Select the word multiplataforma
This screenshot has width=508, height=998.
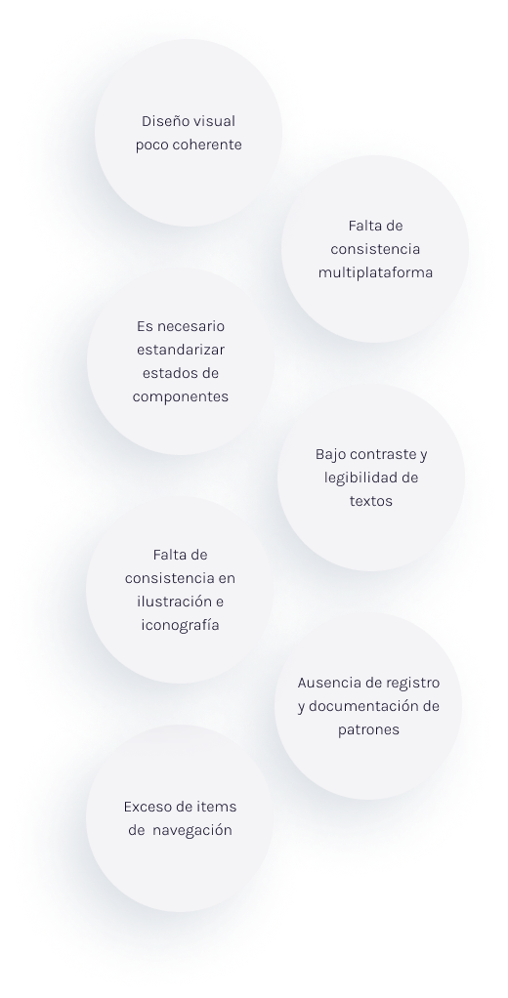point(375,272)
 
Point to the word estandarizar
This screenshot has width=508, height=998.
point(181,350)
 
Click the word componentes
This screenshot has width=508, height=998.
point(180,396)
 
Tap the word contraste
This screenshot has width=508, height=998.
point(384,454)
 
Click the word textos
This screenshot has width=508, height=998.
point(371,501)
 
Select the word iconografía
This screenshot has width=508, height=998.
point(180,625)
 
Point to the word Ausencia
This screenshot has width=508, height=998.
point(327,683)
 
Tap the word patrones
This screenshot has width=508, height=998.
point(368,729)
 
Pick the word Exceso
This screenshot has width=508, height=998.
point(146,807)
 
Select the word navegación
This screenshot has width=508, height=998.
point(192,831)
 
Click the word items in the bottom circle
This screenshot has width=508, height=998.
point(219,807)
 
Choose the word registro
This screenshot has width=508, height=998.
point(414,684)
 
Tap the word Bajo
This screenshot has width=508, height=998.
point(330,455)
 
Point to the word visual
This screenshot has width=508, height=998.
point(215,121)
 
